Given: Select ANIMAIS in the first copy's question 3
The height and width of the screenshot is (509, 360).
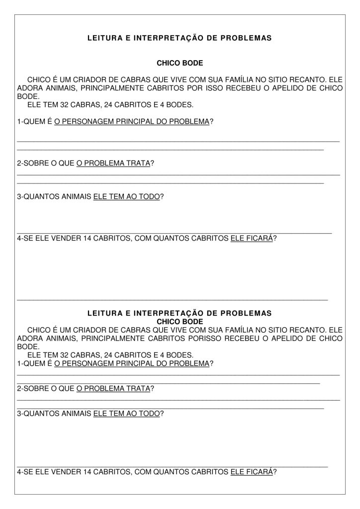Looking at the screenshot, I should (x=76, y=197).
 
